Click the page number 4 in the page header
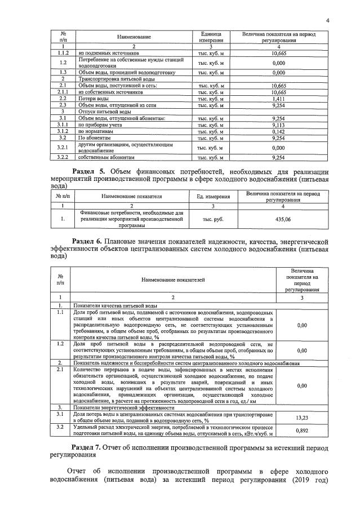pyautogui.click(x=327, y=21)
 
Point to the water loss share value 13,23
pyautogui.click(x=301, y=418)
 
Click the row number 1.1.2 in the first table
pyautogui.click(x=63, y=52)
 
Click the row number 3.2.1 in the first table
pyautogui.click(x=63, y=148)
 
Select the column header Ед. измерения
pyautogui.click(x=212, y=197)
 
